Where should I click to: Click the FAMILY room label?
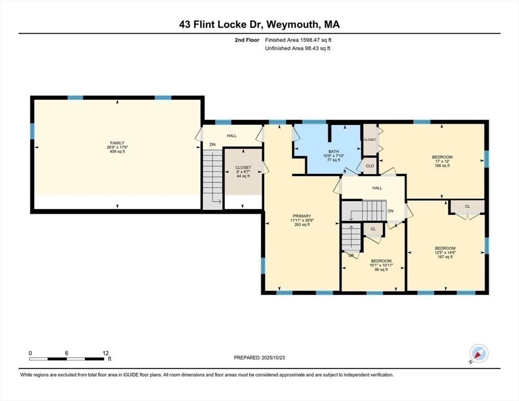pyautogui.click(x=117, y=143)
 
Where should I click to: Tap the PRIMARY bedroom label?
pyautogui.click(x=302, y=216)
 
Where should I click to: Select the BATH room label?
pyautogui.click(x=334, y=151)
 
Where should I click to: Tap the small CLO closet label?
pyautogui.click(x=370, y=166)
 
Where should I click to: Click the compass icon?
pyautogui.click(x=479, y=353)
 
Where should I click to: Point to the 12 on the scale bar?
pyautogui.click(x=105, y=353)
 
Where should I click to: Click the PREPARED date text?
pyautogui.click(x=259, y=358)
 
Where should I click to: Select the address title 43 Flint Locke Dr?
pyautogui.click(x=221, y=25)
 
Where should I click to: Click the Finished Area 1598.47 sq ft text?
pyautogui.click(x=298, y=40)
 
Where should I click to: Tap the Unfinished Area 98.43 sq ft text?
pyautogui.click(x=298, y=49)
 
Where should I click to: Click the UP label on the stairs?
pyautogui.click(x=351, y=256)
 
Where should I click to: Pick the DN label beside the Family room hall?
pyautogui.click(x=213, y=145)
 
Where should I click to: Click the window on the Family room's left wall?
pyautogui.click(x=32, y=131)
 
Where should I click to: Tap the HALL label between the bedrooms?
pyautogui.click(x=377, y=188)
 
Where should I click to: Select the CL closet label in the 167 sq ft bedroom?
pyautogui.click(x=467, y=206)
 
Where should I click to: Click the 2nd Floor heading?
pyautogui.click(x=247, y=40)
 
